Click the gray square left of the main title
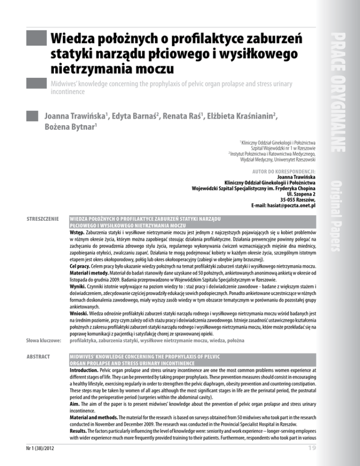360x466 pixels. click(x=37, y=40)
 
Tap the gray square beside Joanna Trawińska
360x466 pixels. click(x=32, y=115)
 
